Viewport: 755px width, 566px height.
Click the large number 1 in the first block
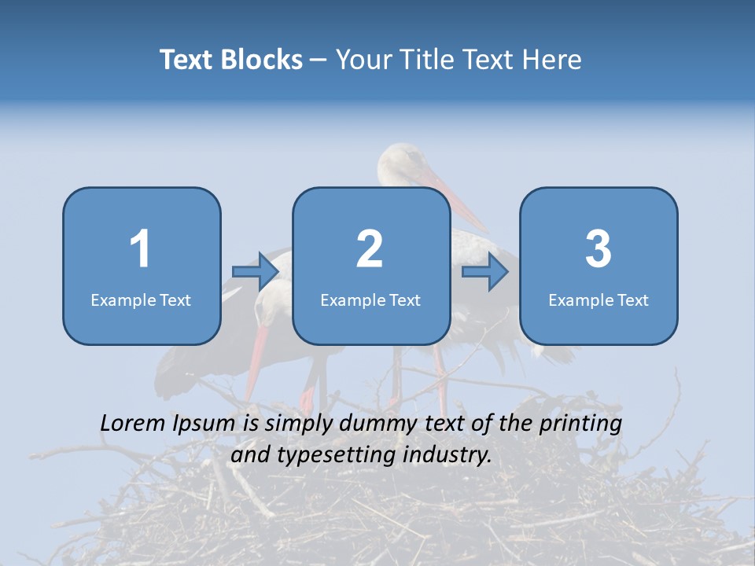pos(141,249)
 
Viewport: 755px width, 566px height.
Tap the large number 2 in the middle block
pos(370,249)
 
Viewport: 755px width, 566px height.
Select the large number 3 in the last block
pos(598,249)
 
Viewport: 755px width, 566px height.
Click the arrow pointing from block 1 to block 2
pos(256,272)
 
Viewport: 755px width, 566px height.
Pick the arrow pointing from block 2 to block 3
pos(485,272)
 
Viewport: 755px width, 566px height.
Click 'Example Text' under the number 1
pos(141,300)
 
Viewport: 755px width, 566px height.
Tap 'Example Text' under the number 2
pos(370,300)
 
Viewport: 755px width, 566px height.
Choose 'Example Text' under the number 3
pos(598,300)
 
